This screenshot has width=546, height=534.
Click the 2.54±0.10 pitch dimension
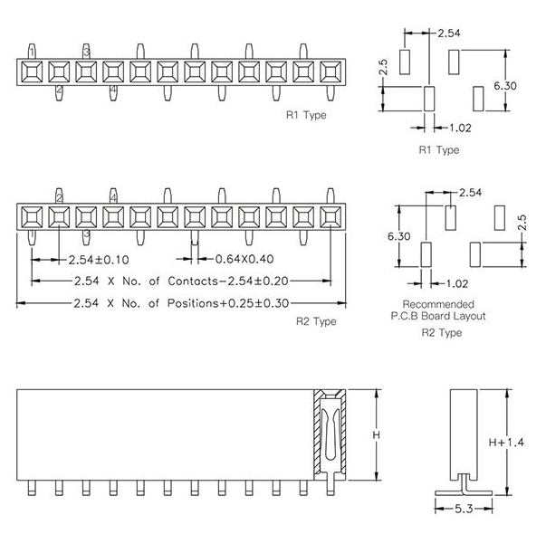pyautogui.click(x=99, y=260)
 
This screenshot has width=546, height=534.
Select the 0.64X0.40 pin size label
pyautogui.click(x=244, y=259)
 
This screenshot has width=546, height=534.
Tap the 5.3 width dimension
pyautogui.click(x=464, y=509)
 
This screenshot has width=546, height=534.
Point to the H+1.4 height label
pyautogui.click(x=506, y=443)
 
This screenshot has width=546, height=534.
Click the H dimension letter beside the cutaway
pyautogui.click(x=377, y=434)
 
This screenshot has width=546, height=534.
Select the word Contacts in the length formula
pyautogui.click(x=193, y=281)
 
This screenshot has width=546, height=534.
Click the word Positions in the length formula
pyautogui.click(x=193, y=303)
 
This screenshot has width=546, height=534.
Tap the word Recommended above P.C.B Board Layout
pyautogui.click(x=438, y=304)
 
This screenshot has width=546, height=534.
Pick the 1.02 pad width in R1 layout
pyautogui.click(x=460, y=129)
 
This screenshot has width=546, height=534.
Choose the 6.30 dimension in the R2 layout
pyautogui.click(x=399, y=236)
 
